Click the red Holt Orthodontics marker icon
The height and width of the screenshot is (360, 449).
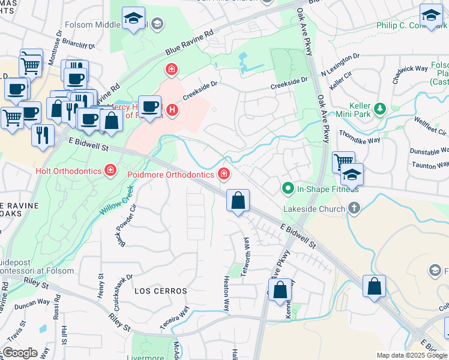click(x=110, y=171)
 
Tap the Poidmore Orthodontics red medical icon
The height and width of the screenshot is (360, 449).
click(x=224, y=174)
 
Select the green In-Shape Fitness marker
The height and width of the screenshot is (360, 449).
click(x=288, y=189)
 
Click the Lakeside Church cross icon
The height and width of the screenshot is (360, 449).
click(x=354, y=209)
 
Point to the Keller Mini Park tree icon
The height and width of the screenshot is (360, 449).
click(x=379, y=109)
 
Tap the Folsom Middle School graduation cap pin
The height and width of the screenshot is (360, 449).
click(x=134, y=18)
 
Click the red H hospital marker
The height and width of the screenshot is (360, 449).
click(x=172, y=110)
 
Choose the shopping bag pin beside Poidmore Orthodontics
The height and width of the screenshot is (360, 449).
click(x=238, y=200)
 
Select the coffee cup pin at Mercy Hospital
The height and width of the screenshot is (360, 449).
click(x=150, y=107)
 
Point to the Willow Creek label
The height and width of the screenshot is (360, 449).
click(x=117, y=200)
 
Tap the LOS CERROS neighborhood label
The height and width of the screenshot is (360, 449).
click(x=160, y=290)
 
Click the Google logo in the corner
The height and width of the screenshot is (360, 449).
click(x=19, y=353)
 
